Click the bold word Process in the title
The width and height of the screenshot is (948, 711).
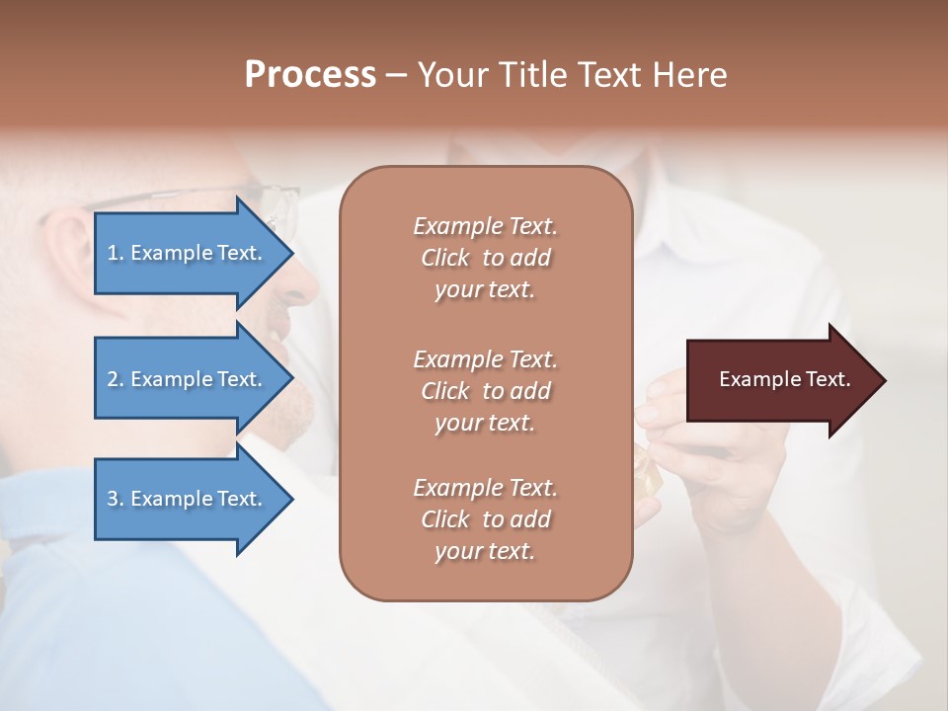(x=310, y=75)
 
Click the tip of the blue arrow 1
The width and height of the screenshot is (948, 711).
(x=291, y=253)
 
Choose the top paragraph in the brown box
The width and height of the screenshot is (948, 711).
(x=485, y=258)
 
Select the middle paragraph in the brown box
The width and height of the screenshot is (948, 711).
(x=485, y=391)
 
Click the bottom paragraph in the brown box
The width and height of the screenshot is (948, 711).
(x=485, y=519)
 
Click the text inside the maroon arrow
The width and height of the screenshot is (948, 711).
(x=784, y=379)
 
